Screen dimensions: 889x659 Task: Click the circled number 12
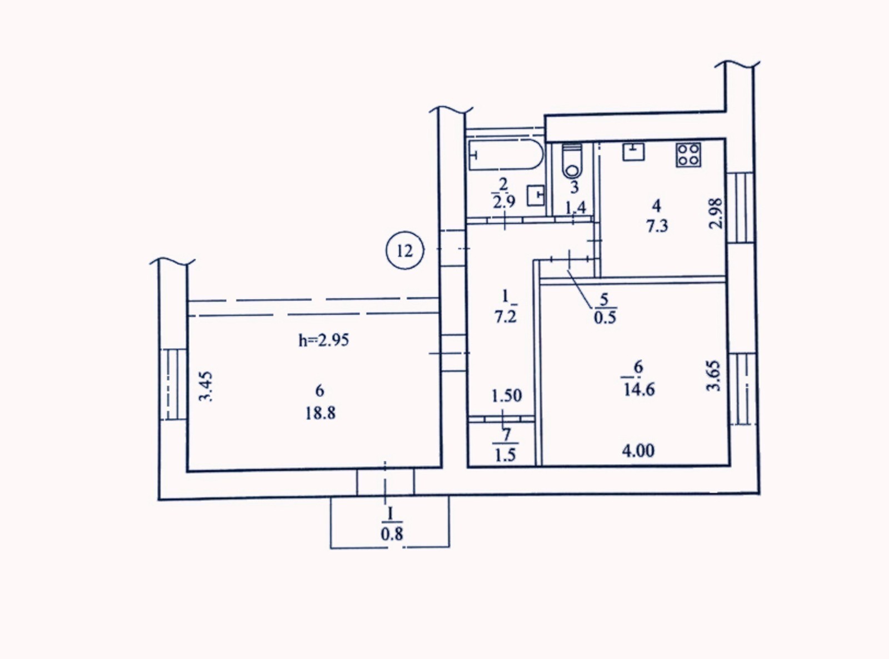tap(404, 251)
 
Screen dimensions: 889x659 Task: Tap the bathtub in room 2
tap(506, 155)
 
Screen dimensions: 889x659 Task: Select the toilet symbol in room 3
tap(572, 161)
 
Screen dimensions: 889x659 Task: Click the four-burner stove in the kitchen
tap(688, 155)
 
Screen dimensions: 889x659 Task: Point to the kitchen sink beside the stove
tap(633, 152)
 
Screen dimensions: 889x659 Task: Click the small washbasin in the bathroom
tap(536, 195)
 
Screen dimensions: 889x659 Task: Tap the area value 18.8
tap(320, 413)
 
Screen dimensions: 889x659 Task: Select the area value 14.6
tap(640, 390)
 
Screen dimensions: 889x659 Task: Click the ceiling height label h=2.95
tap(324, 340)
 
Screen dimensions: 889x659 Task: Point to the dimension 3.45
tap(206, 386)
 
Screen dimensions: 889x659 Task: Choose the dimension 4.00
tap(638, 451)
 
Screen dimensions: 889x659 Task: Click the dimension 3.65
tap(714, 376)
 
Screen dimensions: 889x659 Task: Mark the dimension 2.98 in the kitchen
tap(716, 213)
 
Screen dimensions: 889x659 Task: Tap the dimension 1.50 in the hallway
tap(507, 396)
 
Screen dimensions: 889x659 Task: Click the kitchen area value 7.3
tap(657, 227)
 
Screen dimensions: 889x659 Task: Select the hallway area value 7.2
tap(506, 317)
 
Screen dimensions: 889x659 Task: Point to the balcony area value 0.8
tap(392, 534)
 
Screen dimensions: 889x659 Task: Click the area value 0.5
tap(605, 318)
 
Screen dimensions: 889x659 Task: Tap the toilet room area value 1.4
tap(576, 208)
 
